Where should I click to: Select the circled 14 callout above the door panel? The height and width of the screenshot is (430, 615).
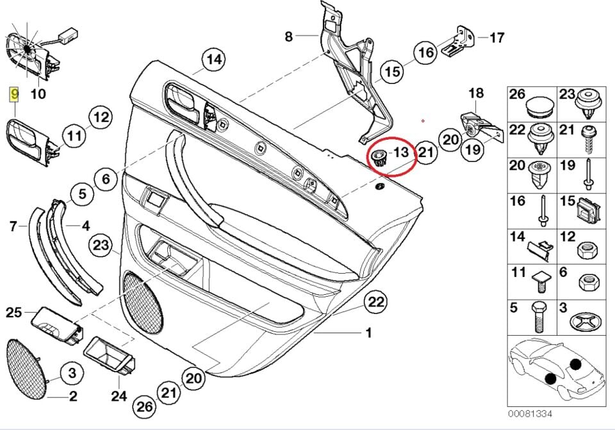(214, 60)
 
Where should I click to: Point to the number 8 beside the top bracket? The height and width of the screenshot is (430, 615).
(288, 37)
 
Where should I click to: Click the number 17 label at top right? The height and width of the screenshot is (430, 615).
(497, 37)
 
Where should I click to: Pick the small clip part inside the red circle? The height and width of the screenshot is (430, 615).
(380, 156)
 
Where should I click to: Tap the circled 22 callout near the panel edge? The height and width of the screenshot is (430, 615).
(376, 302)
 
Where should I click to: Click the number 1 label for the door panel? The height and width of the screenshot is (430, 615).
(368, 333)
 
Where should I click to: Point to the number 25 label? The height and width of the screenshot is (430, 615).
(14, 312)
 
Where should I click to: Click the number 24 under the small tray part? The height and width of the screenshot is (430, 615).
(119, 397)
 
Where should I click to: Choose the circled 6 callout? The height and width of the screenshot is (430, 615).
(106, 179)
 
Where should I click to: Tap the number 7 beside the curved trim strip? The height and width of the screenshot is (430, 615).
(13, 225)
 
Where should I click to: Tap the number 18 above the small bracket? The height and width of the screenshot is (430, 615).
(475, 94)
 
